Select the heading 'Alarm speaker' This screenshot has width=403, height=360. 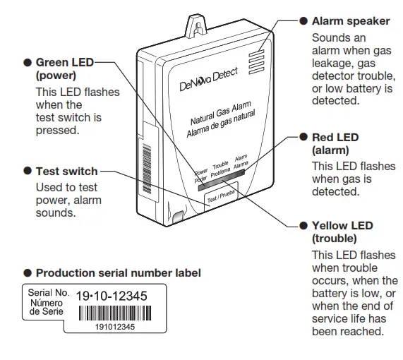pyautogui.click(x=350, y=21)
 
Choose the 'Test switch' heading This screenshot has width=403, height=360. pyautogui.click(x=66, y=172)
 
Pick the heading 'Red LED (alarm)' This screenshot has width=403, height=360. pyautogui.click(x=335, y=143)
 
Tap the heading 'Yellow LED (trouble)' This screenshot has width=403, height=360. pyautogui.click(x=342, y=232)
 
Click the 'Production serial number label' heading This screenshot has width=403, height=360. pyautogui.click(x=118, y=272)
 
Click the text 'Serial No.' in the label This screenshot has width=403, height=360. pyautogui.click(x=48, y=291)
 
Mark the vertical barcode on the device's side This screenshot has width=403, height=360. pyautogui.click(x=147, y=162)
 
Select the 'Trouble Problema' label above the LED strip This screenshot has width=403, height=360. pyautogui.click(x=221, y=168)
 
